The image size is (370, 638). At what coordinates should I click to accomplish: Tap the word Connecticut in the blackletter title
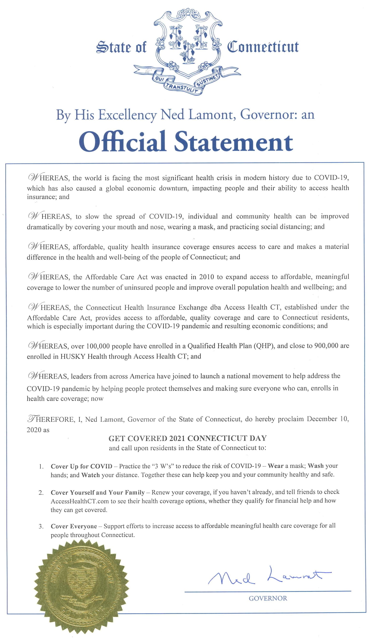(262, 47)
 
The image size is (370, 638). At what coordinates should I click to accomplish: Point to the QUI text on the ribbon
(160, 79)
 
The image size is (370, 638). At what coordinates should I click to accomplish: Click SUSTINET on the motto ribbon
(207, 81)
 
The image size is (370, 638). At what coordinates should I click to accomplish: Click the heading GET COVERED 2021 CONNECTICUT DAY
(188, 439)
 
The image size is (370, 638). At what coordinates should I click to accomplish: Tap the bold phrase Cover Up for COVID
(81, 466)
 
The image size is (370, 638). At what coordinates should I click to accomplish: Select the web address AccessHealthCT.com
(80, 501)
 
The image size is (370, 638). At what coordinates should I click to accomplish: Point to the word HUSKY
(73, 356)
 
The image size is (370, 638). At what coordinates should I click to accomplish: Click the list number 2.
(41, 493)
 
